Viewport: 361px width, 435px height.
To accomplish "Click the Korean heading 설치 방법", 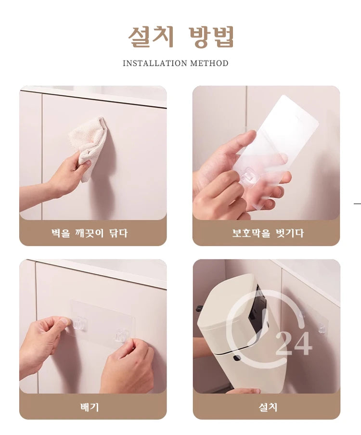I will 180,37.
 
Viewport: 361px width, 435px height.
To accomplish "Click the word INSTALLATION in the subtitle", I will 155,64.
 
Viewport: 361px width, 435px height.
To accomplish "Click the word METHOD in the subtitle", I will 209,64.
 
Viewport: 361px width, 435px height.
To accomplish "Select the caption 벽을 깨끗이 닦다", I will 90,233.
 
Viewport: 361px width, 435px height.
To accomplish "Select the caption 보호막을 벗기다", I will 268,233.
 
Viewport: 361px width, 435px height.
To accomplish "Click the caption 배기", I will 90,407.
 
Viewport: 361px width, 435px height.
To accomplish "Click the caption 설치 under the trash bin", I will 268,407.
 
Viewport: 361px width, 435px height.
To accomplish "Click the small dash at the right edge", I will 357,204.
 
